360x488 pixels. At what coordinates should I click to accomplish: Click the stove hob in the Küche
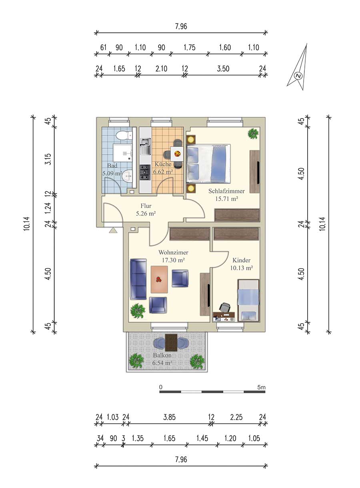click(x=145, y=172)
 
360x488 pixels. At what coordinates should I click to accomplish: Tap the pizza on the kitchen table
click(x=177, y=154)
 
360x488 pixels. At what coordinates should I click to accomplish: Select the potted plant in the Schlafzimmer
click(x=253, y=133)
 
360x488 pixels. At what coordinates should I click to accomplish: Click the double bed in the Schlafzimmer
click(x=209, y=163)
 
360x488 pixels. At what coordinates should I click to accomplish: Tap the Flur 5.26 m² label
click(x=146, y=209)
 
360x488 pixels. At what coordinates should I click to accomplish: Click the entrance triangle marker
click(x=113, y=230)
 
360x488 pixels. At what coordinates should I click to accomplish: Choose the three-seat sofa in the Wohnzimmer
click(x=138, y=279)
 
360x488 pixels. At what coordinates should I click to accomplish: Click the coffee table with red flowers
click(x=159, y=279)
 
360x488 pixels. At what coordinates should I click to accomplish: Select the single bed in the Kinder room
click(x=248, y=301)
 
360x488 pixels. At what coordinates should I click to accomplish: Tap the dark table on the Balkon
click(x=171, y=343)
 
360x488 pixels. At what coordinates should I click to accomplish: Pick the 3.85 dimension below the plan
click(x=170, y=417)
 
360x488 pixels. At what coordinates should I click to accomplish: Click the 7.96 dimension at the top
click(x=181, y=26)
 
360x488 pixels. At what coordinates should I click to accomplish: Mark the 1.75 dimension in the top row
click(x=190, y=48)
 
